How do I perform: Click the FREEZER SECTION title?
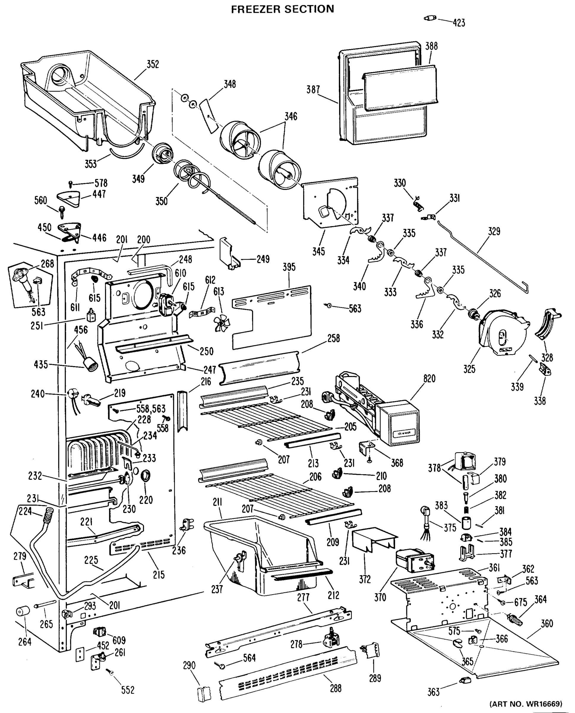click(282, 9)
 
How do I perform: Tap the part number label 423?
click(459, 23)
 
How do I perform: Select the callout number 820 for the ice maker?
click(429, 378)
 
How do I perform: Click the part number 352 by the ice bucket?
click(153, 64)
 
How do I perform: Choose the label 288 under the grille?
click(335, 688)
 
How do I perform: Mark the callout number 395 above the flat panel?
click(289, 267)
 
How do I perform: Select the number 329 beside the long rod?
click(494, 231)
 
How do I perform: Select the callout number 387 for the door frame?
click(313, 89)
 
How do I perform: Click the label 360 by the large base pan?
click(546, 624)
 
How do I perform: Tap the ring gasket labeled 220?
click(146, 476)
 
